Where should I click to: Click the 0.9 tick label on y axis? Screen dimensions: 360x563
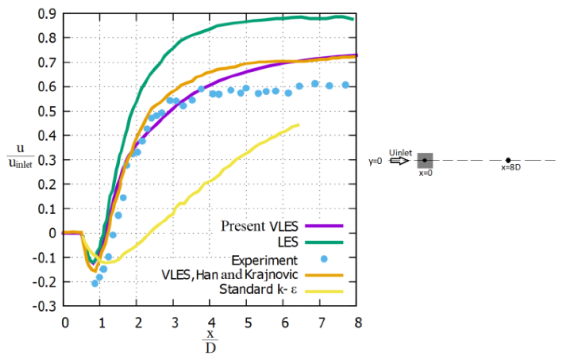(47, 14)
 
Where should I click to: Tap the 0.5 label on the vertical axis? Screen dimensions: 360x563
(47, 111)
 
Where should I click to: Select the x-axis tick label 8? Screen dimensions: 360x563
(358, 323)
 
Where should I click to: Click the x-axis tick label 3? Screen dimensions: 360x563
(175, 323)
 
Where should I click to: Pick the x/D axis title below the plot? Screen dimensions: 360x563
(210, 341)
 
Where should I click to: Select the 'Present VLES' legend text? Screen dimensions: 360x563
(260, 226)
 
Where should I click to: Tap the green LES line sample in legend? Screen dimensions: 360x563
(324, 243)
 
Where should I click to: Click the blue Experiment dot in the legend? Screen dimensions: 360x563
(324, 259)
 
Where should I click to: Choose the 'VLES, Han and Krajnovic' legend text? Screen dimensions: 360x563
(230, 275)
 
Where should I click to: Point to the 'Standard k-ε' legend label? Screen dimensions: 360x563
(258, 290)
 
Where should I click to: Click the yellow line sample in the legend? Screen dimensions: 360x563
(324, 292)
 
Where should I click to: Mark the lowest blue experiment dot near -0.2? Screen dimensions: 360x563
(95, 284)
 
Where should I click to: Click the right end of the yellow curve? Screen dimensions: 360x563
(299, 125)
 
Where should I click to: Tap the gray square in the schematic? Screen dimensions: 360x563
(425, 161)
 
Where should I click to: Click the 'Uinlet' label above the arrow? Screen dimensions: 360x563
(400, 153)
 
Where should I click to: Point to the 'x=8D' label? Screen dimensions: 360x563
(511, 167)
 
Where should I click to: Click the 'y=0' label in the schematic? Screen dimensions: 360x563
(375, 161)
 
